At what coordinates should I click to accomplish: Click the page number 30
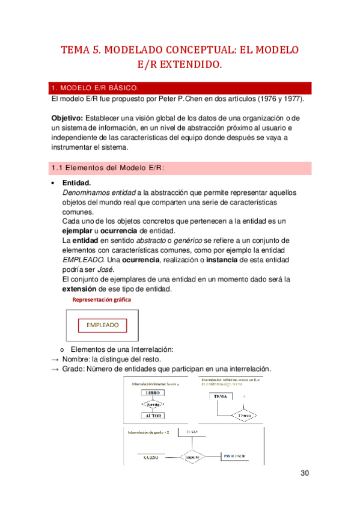click(305, 473)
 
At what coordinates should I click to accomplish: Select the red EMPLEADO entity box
click(102, 325)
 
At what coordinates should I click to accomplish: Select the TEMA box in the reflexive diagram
click(221, 397)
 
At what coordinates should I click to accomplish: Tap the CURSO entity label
click(151, 458)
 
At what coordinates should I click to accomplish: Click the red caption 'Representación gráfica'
click(102, 300)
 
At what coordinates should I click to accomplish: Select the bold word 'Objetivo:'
click(67, 118)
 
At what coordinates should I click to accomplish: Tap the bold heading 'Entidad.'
click(76, 183)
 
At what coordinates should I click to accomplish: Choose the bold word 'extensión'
click(81, 289)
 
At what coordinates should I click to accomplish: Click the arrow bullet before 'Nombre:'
click(55, 359)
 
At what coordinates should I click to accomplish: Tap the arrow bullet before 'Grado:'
click(55, 369)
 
